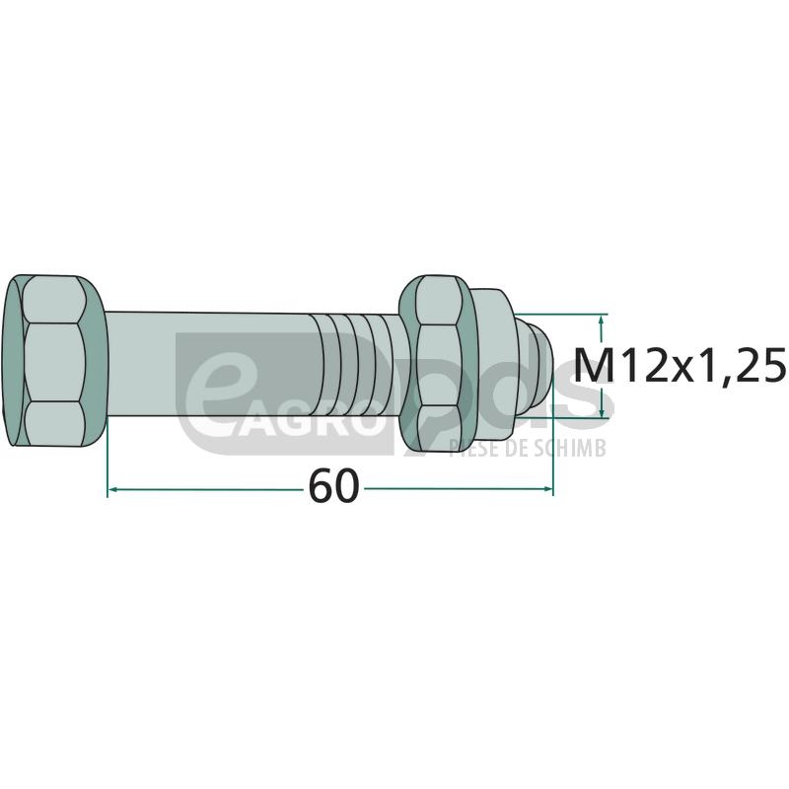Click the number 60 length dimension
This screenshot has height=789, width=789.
point(334,486)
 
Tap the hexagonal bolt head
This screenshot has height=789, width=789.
point(54,361)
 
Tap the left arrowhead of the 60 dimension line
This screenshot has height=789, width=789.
point(112,488)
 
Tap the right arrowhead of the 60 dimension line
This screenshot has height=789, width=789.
point(548,488)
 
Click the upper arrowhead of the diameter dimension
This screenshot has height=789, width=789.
point(601,320)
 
